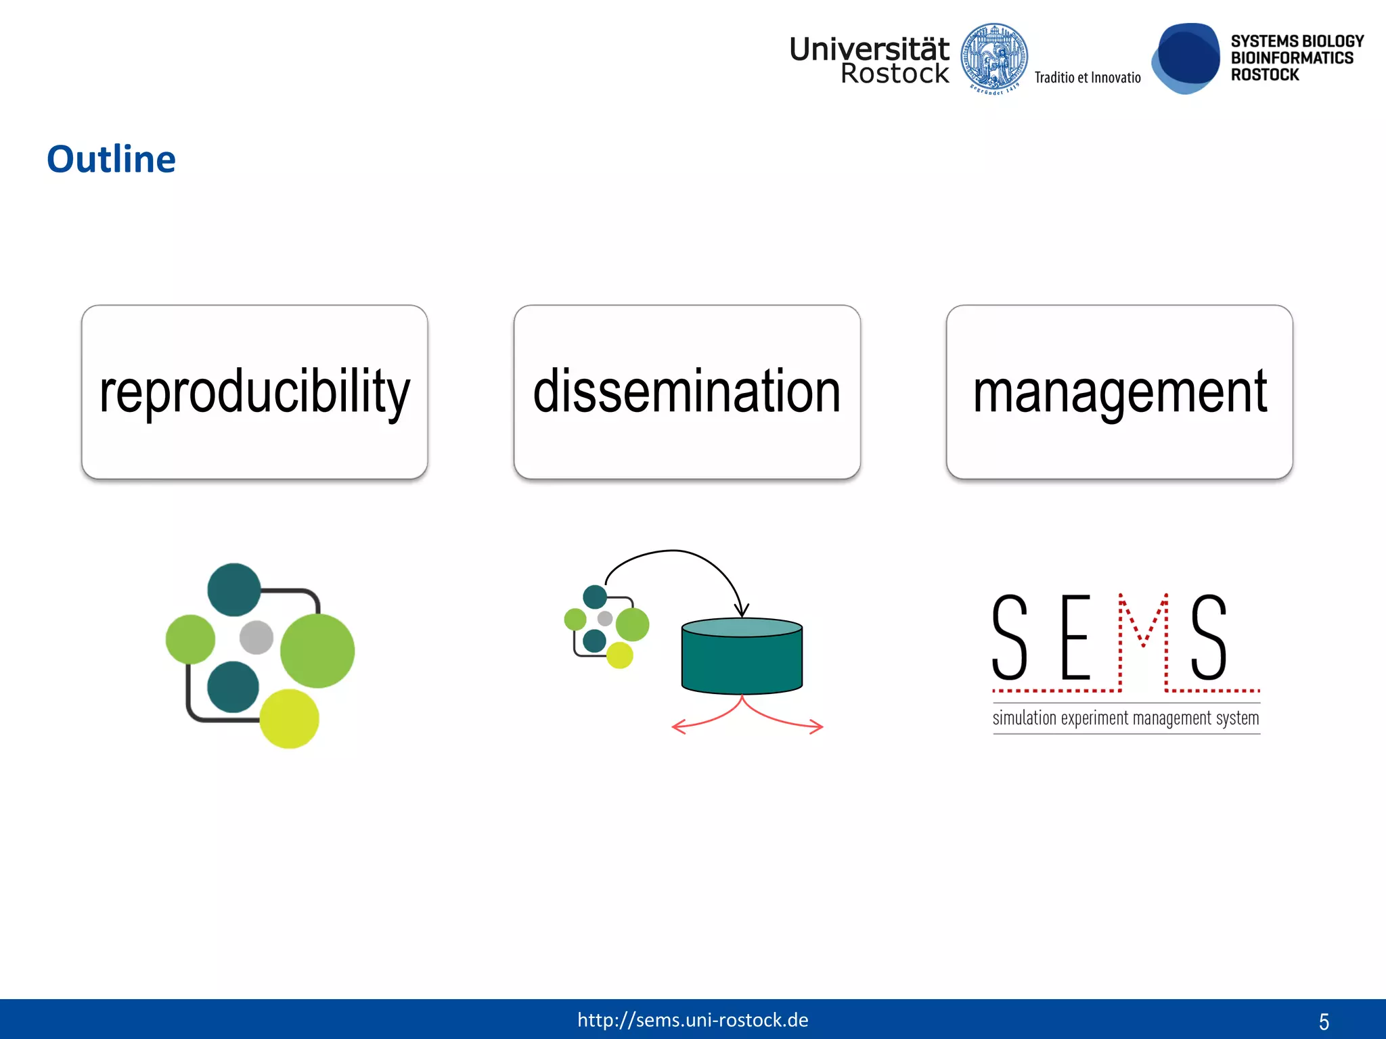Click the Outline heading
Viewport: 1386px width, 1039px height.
pyautogui.click(x=111, y=160)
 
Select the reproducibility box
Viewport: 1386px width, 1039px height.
pyautogui.click(x=254, y=392)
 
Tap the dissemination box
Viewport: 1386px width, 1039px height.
pyautogui.click(x=687, y=392)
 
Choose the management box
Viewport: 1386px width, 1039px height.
pyautogui.click(x=1119, y=392)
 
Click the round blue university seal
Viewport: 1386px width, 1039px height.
pyautogui.click(x=994, y=58)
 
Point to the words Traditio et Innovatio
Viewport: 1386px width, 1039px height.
pyautogui.click(x=1088, y=78)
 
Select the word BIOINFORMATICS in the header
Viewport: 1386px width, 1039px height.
pyautogui.click(x=1292, y=58)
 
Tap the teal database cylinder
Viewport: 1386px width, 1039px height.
pyautogui.click(x=742, y=656)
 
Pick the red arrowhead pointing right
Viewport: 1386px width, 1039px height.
pyautogui.click(x=818, y=727)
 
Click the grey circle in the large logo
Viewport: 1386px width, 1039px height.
pyautogui.click(x=256, y=637)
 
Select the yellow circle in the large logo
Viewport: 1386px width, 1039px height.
pyautogui.click(x=289, y=718)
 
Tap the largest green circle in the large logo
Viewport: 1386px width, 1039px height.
pyautogui.click(x=317, y=650)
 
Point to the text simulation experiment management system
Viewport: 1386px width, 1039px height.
pyautogui.click(x=1125, y=718)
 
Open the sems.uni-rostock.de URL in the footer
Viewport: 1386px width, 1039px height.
pyautogui.click(x=692, y=1020)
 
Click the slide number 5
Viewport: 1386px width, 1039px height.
pyautogui.click(x=1324, y=1021)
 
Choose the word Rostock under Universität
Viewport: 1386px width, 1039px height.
pyautogui.click(x=894, y=74)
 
